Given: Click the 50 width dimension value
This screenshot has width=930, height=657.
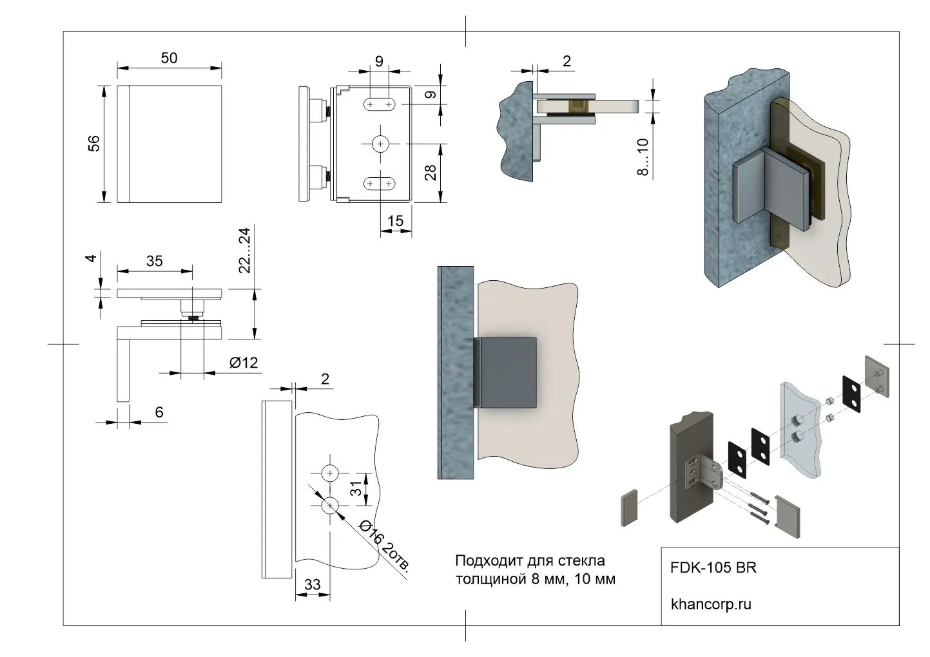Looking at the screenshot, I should pos(169,58).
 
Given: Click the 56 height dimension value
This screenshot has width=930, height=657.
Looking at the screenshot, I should pos(95,143).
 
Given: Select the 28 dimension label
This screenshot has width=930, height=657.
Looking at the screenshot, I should pos(431,172).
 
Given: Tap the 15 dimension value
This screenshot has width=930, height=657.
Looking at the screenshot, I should pos(395,221).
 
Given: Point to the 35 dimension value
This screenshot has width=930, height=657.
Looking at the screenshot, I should pos(154,261).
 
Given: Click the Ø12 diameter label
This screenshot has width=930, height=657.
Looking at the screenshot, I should pos(244,363).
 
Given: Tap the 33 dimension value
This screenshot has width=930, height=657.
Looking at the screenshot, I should pos(312,584).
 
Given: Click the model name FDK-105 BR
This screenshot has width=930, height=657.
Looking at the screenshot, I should pos(713,568).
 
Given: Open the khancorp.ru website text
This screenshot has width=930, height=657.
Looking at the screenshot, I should pos(711,604).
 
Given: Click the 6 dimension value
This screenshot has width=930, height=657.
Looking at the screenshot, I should pos(159,412).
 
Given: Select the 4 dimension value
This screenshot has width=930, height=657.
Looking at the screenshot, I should pos(92,258).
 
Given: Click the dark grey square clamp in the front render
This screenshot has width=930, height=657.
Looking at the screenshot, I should pos(509,373).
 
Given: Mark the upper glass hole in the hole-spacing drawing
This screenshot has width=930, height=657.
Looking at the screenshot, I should pos(330,473).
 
